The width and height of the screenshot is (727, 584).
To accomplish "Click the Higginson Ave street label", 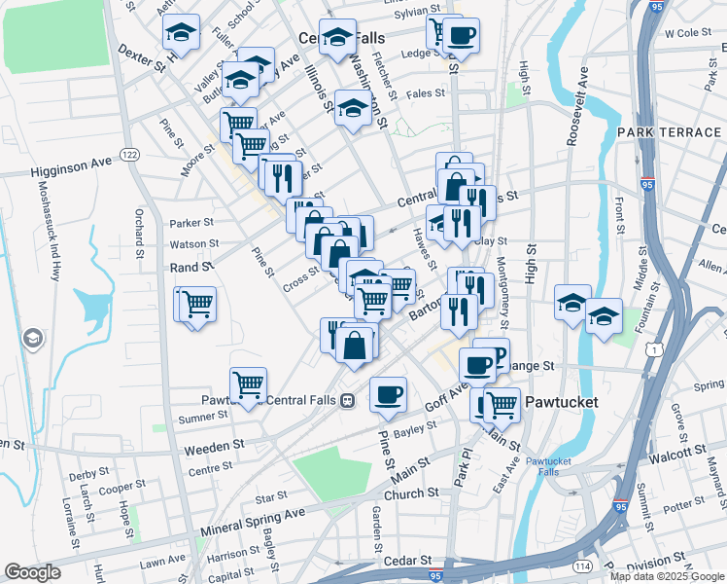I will pyautogui.click(x=72, y=169).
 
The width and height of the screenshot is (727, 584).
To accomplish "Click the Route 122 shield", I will pyautogui.click(x=129, y=155).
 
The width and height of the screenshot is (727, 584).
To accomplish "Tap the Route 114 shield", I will pyautogui.click(x=583, y=566).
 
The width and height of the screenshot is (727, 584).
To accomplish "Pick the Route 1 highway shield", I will pyautogui.click(x=661, y=348).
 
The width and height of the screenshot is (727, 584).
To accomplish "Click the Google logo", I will pyautogui.click(x=33, y=571).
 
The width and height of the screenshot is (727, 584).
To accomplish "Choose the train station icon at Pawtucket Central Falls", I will pyautogui.click(x=345, y=400).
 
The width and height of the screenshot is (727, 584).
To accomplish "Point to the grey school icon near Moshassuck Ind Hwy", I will pyautogui.click(x=33, y=338).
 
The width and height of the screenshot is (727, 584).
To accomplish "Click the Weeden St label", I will pyautogui.click(x=217, y=445).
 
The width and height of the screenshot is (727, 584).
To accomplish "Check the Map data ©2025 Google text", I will pyautogui.click(x=667, y=576).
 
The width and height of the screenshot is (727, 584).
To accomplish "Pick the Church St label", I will pyautogui.click(x=412, y=494).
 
